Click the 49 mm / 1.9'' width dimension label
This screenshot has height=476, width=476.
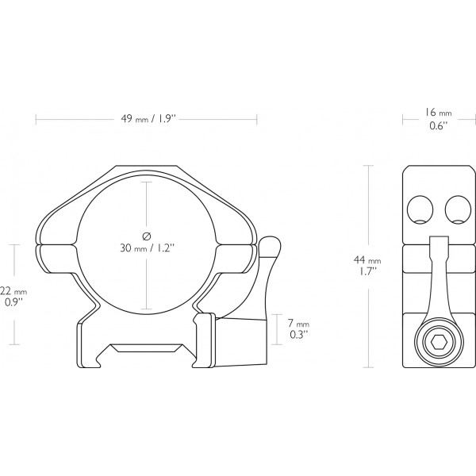point(148,118)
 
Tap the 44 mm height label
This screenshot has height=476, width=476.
point(367,260)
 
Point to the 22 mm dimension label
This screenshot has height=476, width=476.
point(13,291)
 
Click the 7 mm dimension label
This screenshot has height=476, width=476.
point(298,324)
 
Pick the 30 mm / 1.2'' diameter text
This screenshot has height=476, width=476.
point(148,248)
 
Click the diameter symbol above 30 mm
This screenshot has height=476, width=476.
point(147,236)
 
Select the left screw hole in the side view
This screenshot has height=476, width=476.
point(420,209)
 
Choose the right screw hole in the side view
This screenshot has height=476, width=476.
point(458,209)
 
